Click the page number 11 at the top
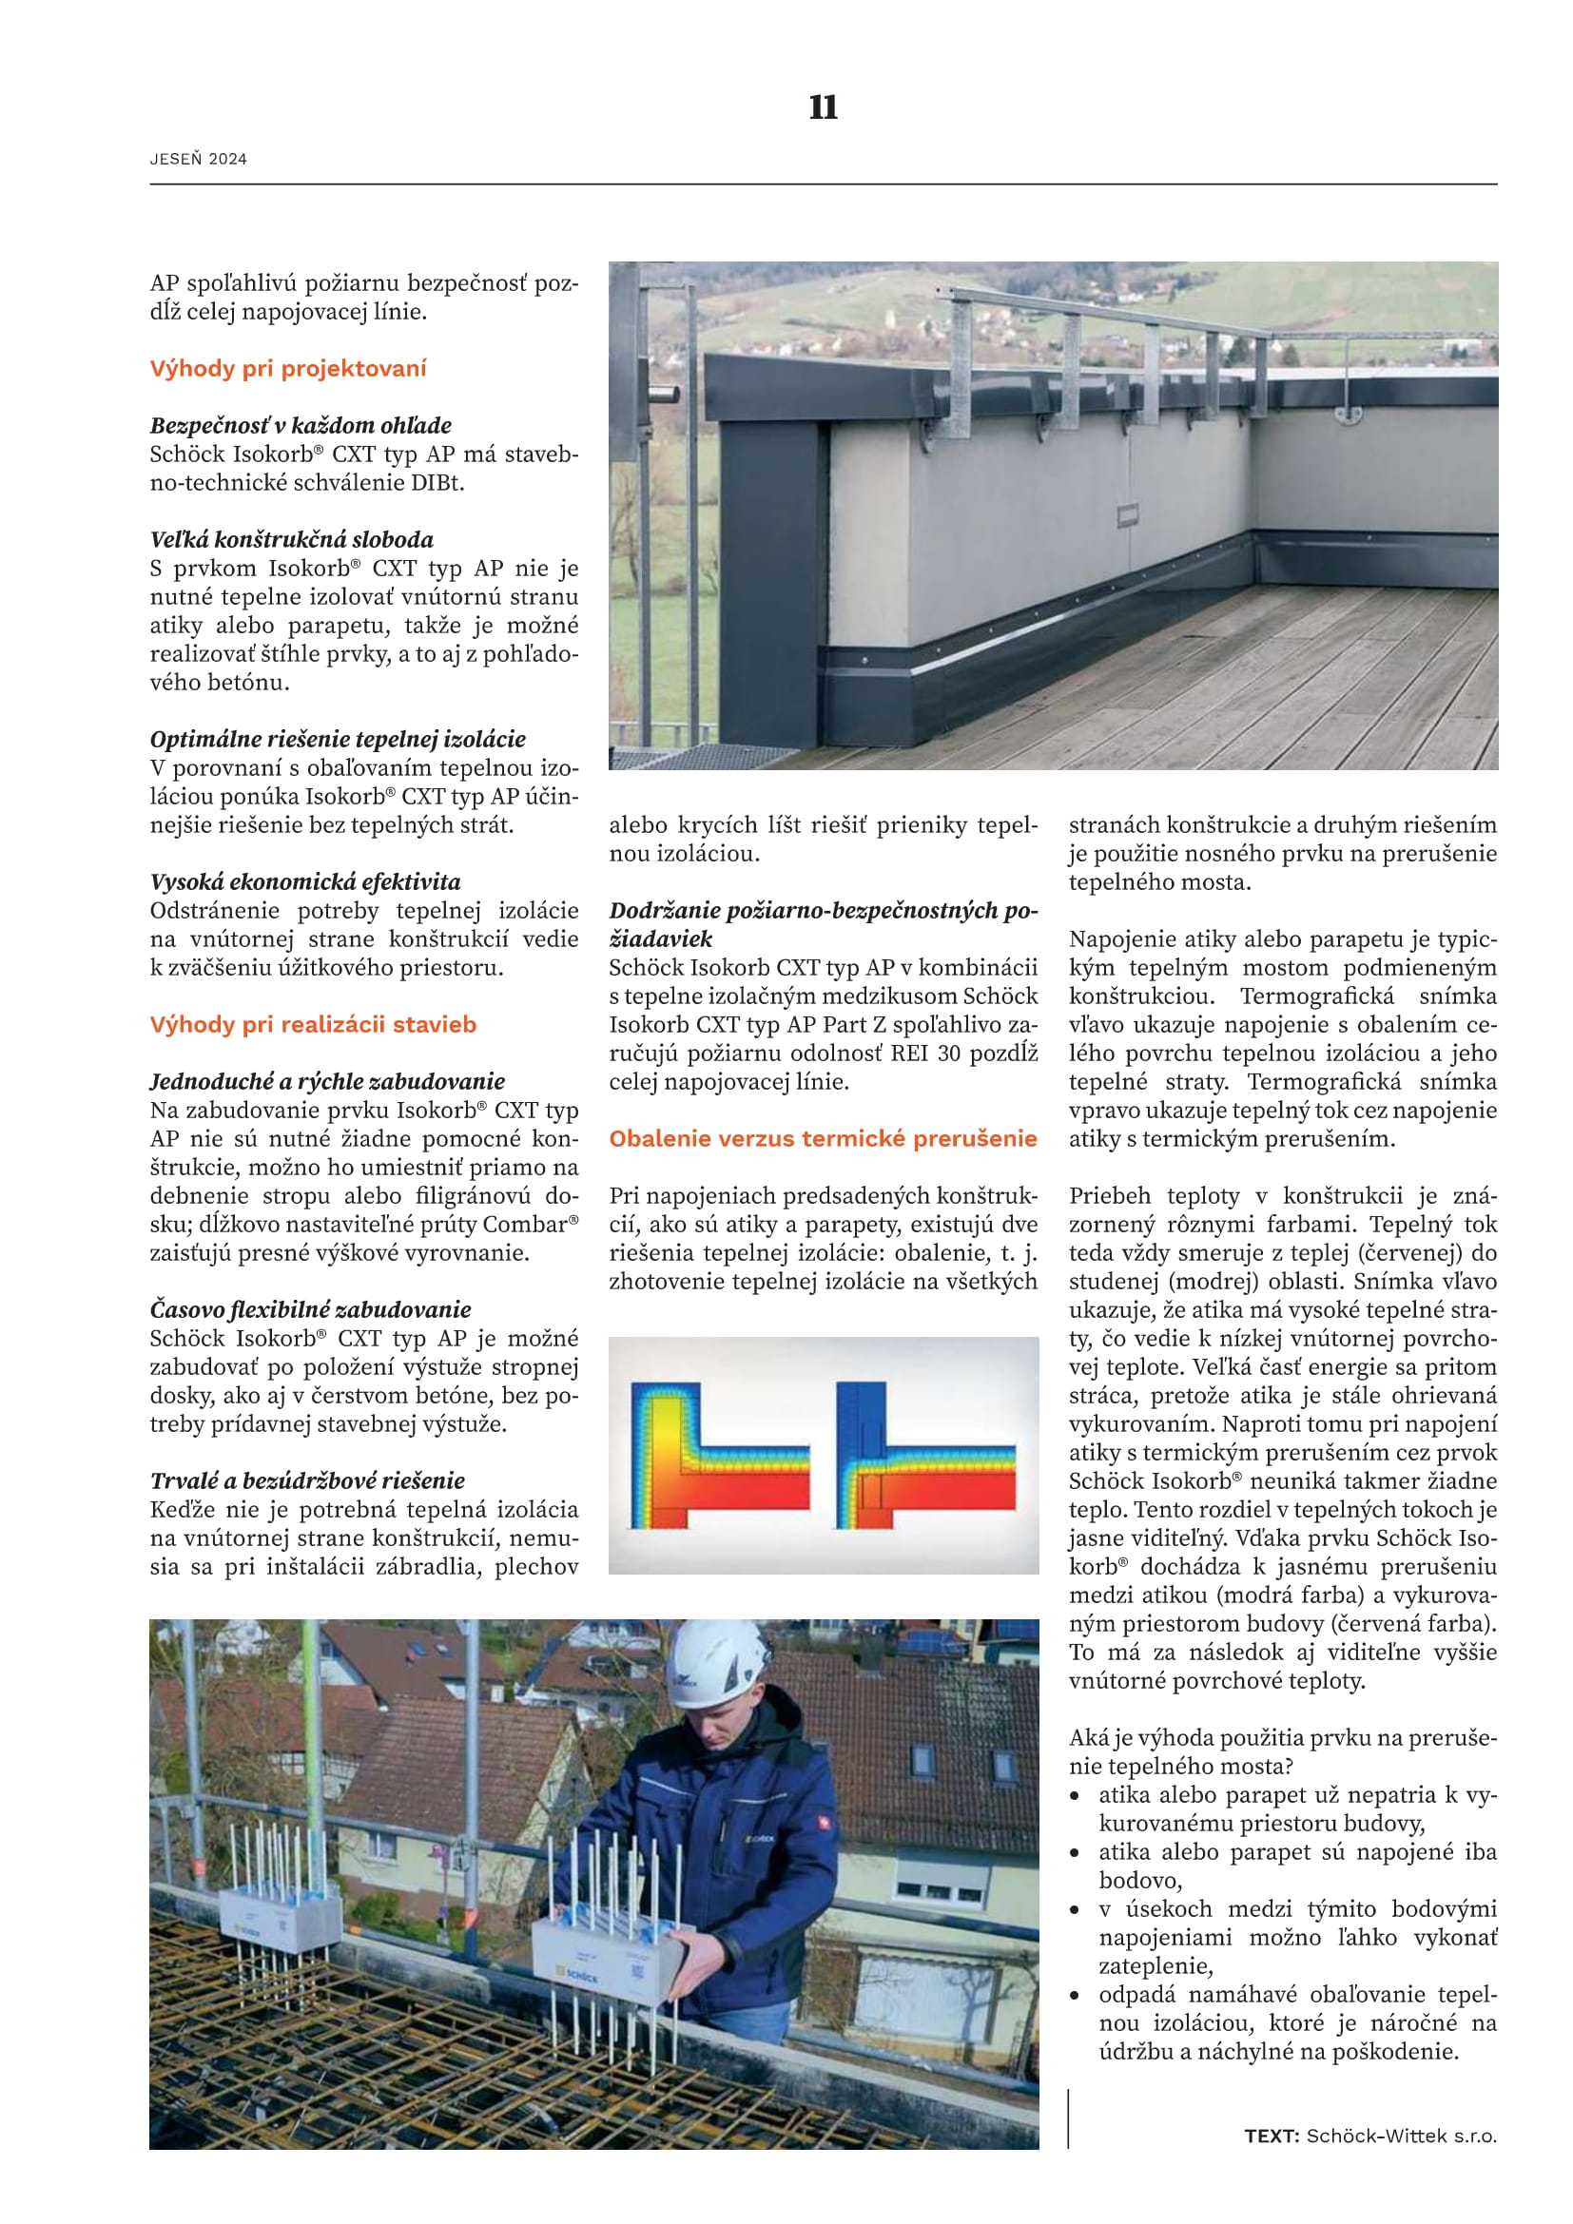[x=823, y=106]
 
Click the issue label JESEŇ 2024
[x=199, y=159]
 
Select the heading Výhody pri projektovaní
[x=287, y=368]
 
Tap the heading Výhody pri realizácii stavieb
[x=313, y=1024]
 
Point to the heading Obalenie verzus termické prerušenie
[x=823, y=1138]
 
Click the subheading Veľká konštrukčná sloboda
[x=292, y=539]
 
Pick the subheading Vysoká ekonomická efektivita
[x=305, y=881]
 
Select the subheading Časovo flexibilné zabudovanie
[x=310, y=1309]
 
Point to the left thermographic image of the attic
[x=719, y=1455]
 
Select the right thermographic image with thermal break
[x=925, y=1455]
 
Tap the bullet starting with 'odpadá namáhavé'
[x=1297, y=2023]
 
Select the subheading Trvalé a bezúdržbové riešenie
[x=307, y=1480]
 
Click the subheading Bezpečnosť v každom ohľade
[x=301, y=425]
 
